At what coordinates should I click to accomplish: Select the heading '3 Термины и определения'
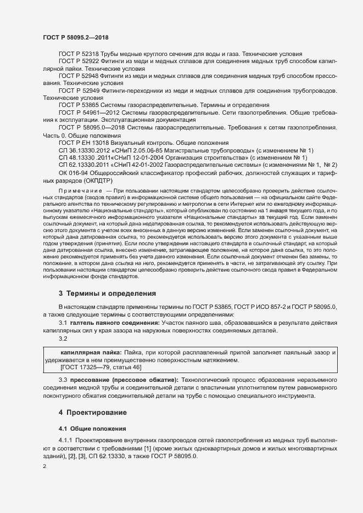pos(107,294)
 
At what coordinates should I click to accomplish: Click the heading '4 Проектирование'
pos(93,411)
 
